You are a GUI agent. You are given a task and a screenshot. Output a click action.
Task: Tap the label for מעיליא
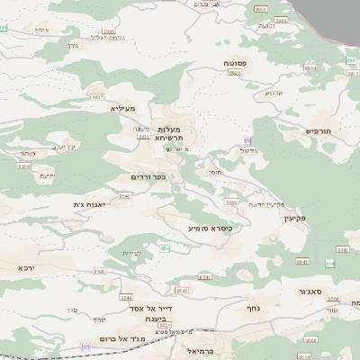coord(122,108)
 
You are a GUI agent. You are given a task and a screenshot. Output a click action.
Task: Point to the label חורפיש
coord(319,130)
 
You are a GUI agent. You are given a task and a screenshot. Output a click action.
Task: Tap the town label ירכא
coord(27,267)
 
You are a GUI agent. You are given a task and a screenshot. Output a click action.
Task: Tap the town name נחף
coord(253,307)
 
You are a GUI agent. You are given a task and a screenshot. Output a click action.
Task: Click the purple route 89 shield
coord(247,140)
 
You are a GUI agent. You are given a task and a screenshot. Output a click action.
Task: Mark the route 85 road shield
coord(86,346)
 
